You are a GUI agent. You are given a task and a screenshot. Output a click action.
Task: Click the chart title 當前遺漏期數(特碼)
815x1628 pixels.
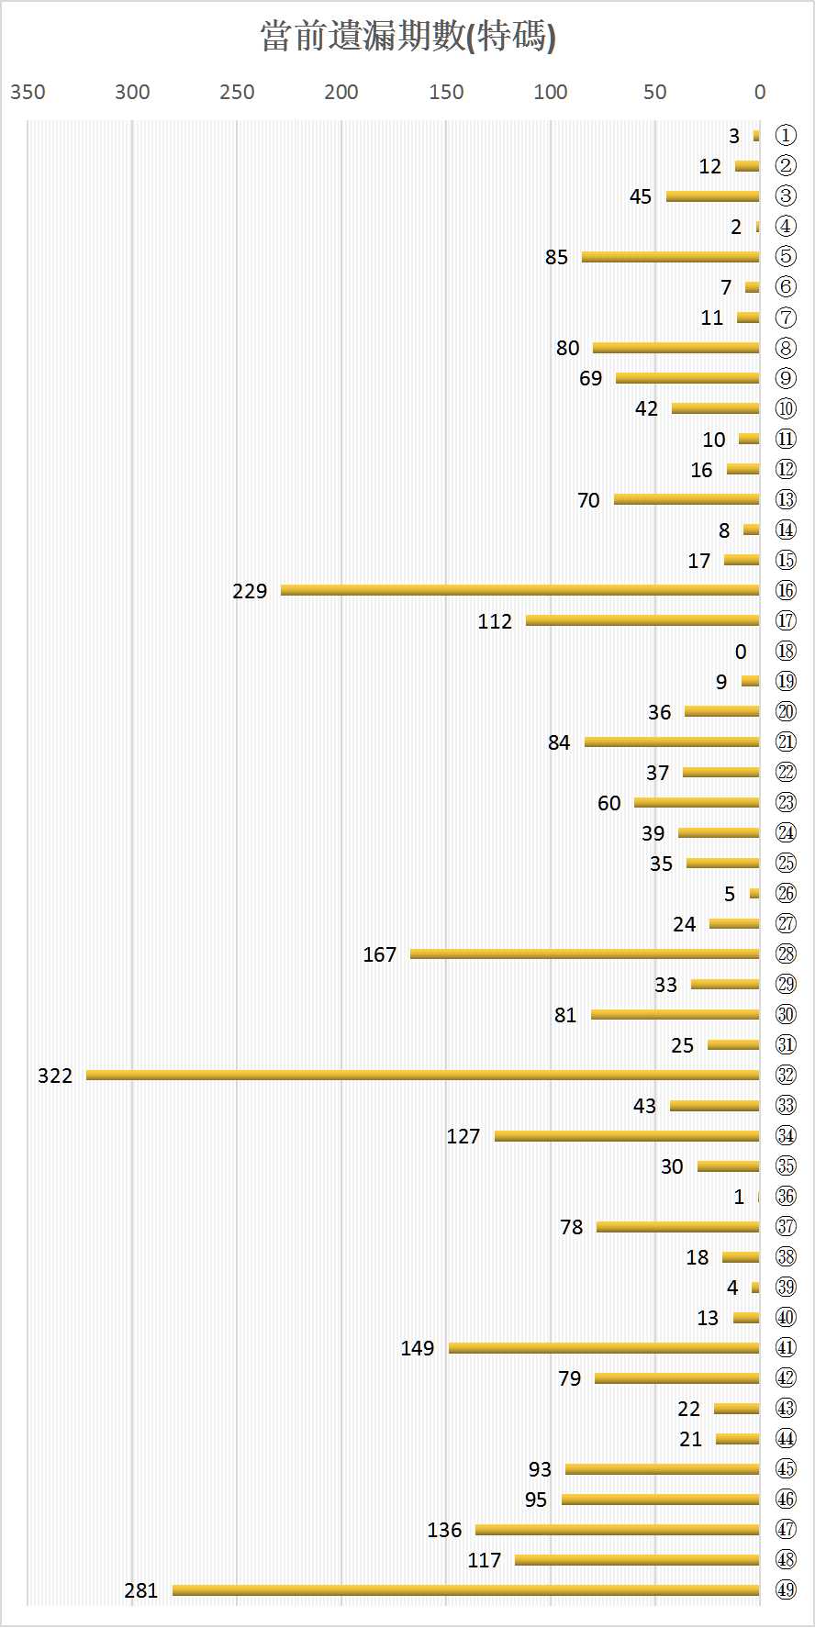pos(407,38)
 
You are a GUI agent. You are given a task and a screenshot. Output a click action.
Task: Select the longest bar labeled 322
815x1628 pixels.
pos(422,1075)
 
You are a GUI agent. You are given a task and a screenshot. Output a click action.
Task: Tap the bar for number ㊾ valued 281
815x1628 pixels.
pos(465,1589)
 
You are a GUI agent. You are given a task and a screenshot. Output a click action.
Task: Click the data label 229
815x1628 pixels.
pos(250,591)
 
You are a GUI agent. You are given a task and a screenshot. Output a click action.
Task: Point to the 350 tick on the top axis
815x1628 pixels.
pos(28,92)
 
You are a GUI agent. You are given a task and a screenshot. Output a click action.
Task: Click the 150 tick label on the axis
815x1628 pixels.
pos(446,92)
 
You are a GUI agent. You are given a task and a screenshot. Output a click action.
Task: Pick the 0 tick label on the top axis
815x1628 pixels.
pos(759,92)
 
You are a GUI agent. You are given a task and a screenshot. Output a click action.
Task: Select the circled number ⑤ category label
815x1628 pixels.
pos(786,257)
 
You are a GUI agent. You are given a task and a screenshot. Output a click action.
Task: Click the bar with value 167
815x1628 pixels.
pos(585,953)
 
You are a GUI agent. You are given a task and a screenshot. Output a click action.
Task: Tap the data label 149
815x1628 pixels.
pos(417,1348)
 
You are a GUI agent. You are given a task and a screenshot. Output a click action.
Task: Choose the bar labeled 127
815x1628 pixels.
pos(627,1136)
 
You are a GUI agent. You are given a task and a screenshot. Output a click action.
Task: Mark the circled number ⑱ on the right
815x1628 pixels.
pos(786,651)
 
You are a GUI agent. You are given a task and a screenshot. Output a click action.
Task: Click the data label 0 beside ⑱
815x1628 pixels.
pos(741,652)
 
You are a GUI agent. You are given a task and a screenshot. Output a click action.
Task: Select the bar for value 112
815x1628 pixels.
pos(642,620)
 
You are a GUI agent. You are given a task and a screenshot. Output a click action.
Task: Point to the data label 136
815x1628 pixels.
pos(444,1530)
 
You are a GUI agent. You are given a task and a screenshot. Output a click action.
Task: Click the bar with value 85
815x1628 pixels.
pos(670,257)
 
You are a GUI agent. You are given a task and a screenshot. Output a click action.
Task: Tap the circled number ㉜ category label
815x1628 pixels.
pos(786,1075)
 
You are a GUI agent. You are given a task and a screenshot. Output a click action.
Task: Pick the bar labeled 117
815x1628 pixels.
pos(637,1559)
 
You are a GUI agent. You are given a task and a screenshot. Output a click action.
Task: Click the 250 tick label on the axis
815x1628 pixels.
pos(237,92)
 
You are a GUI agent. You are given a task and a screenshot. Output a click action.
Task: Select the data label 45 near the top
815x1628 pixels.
pos(641,196)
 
